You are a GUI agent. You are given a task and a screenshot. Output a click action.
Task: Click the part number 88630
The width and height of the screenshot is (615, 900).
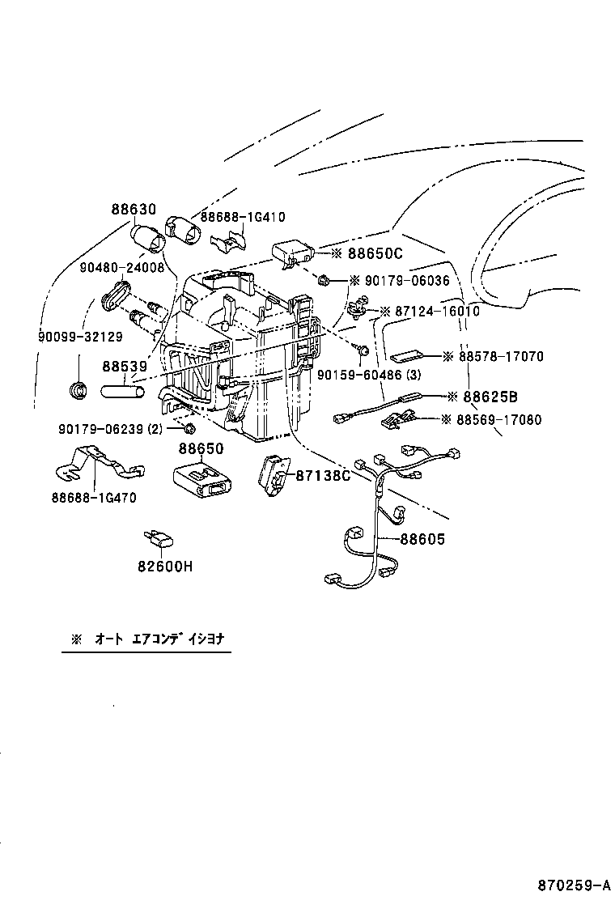[134, 210]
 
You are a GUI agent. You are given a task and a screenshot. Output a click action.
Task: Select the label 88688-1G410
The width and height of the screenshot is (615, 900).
[243, 217]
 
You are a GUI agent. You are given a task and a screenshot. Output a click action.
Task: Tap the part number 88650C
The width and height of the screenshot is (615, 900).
[375, 253]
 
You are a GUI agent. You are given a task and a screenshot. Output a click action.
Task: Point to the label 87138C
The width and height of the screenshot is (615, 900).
[322, 476]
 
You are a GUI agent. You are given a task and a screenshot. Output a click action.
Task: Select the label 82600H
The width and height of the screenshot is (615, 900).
[165, 567]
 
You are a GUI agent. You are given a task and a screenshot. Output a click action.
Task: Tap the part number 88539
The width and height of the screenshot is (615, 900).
[124, 367]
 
